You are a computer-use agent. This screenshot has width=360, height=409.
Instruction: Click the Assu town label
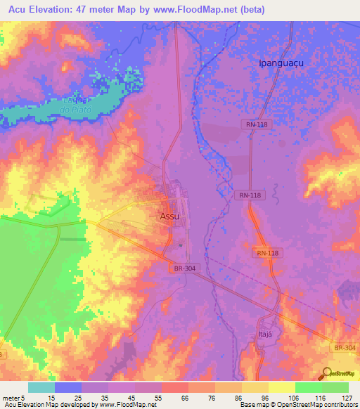pyautogui.click(x=169, y=216)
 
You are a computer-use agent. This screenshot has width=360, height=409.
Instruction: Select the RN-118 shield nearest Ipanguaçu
pyautogui.click(x=257, y=124)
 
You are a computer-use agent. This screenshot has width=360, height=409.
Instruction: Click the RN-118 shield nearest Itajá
pyautogui.click(x=268, y=253)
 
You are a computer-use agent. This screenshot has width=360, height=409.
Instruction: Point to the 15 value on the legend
pyautogui.click(x=41, y=397)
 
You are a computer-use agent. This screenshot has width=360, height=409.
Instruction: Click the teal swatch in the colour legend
pyautogui.click(x=41, y=387)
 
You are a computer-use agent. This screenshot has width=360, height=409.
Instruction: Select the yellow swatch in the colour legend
pyautogui.click(x=281, y=387)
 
